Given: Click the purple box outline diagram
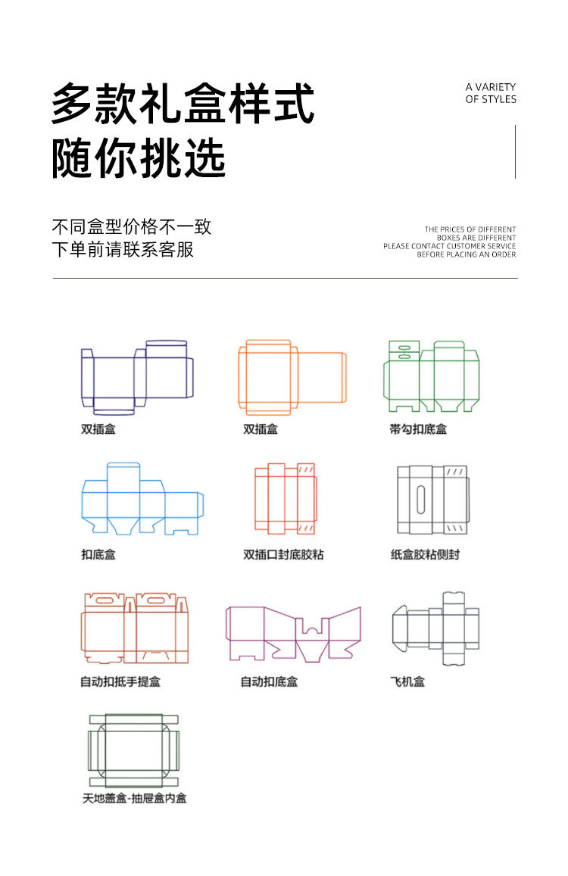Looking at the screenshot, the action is [x=137, y=377].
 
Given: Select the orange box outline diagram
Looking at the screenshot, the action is [x=292, y=376].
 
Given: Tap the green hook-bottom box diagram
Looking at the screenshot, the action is [x=432, y=376].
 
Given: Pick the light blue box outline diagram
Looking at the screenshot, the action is [x=142, y=500].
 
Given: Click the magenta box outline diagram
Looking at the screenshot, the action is [x=293, y=633].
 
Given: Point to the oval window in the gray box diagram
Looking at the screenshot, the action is [x=420, y=500].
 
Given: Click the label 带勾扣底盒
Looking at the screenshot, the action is [x=418, y=429].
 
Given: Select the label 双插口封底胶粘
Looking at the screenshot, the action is [x=283, y=555].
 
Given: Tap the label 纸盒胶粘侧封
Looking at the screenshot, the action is [x=425, y=555].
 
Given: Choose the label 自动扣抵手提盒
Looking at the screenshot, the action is [x=120, y=682].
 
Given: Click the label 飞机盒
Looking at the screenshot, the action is [x=407, y=682].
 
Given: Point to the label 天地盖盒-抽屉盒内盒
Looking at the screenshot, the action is [x=135, y=798].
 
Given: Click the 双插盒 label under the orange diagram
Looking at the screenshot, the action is [x=261, y=429].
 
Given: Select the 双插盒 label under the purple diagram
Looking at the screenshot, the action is [x=98, y=429].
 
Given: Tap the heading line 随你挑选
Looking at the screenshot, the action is [x=139, y=159].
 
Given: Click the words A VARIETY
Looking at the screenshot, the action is [x=491, y=87].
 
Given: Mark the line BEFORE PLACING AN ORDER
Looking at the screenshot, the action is [x=467, y=254].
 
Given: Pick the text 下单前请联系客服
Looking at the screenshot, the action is [x=123, y=249].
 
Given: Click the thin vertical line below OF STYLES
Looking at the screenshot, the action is [x=516, y=151].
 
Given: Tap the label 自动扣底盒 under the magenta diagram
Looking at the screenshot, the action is [x=269, y=682].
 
